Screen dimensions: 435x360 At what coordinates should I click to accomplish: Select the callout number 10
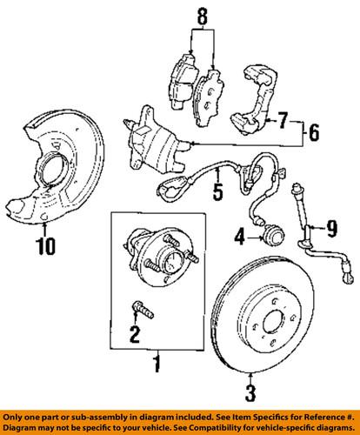[x=43, y=246]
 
